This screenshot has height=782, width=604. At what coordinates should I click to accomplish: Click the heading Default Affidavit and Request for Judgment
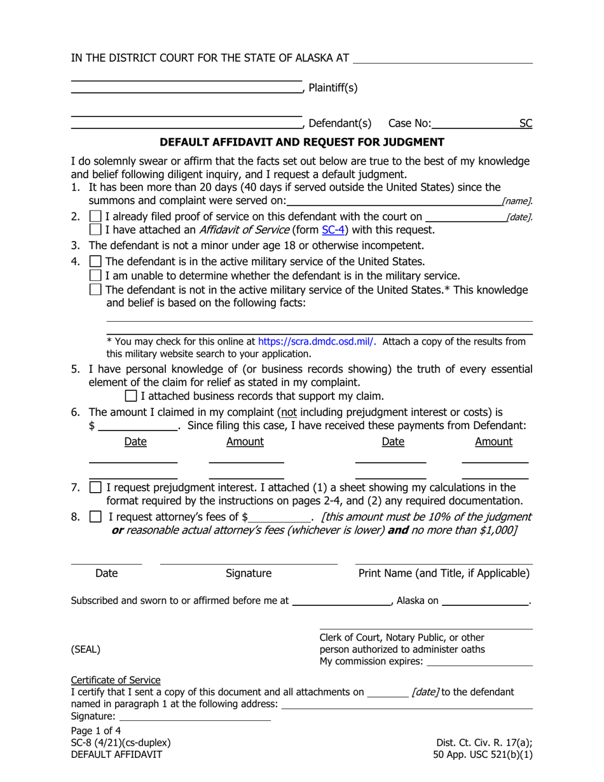coord(301,142)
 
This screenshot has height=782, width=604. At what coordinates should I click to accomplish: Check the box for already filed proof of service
coord(95,217)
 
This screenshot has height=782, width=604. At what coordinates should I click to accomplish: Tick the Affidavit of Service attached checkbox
coord(95,230)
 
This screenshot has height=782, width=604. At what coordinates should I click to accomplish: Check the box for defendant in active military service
coord(95,261)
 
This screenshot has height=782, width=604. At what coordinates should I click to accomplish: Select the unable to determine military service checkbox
coord(95,275)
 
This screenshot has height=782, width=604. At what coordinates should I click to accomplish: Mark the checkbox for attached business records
coord(131,396)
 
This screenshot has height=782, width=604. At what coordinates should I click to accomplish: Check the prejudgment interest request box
coord(95,488)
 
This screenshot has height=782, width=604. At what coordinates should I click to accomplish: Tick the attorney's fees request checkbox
coord(95,517)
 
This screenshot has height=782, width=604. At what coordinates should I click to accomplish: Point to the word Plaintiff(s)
coord(333,88)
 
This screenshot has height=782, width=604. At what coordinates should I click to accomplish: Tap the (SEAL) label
coord(85,649)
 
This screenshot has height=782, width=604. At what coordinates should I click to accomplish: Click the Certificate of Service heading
coord(116,680)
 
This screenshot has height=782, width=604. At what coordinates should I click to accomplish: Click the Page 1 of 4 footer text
coord(96,731)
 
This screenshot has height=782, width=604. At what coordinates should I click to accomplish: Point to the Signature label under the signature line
coord(249,573)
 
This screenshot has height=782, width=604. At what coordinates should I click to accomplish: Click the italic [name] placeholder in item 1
coord(516,202)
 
